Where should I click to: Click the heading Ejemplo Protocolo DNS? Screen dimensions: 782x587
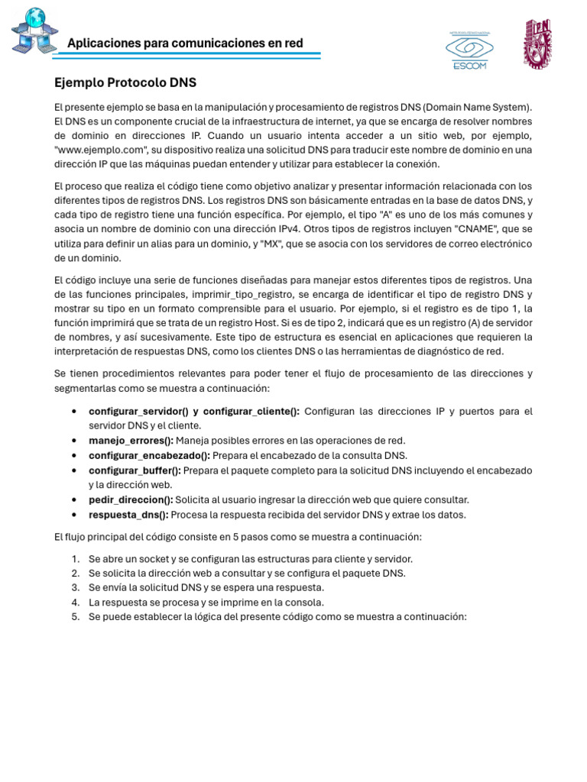click(x=125, y=82)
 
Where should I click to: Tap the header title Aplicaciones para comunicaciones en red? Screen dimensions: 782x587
click(x=185, y=43)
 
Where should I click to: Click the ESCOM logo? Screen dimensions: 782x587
click(x=469, y=49)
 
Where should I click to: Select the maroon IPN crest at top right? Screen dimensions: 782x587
click(x=537, y=43)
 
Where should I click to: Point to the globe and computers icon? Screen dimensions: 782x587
click(x=34, y=31)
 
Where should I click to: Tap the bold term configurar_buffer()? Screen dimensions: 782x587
click(x=135, y=470)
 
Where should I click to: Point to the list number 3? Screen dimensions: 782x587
click(x=76, y=588)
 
